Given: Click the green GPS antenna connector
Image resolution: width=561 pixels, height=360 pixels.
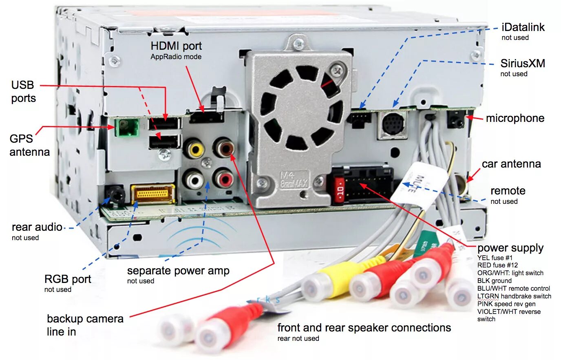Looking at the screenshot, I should coord(127,127).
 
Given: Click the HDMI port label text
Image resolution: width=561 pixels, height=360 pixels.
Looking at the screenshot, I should coord(176,46).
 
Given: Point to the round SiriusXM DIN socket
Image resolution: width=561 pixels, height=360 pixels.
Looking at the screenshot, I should coord(392,124).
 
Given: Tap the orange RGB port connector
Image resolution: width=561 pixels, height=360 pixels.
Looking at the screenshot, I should coord(152,193).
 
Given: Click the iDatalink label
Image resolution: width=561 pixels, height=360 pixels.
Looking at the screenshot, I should coord(523,27).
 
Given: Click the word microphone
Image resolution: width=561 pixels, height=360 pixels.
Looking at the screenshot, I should coord(515,118).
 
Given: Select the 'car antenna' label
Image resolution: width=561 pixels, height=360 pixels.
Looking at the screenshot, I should coord(511,164).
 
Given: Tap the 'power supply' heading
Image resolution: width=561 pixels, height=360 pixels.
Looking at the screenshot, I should coord(510,248).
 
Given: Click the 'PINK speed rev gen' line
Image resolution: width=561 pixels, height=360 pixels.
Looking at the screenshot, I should coord(506,304).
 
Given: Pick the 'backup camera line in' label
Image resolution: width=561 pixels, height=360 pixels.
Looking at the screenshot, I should coord(85,325).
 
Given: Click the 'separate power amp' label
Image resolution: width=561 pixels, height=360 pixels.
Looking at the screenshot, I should coord(178,271).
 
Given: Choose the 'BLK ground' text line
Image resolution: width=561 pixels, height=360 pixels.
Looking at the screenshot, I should coord(494,280).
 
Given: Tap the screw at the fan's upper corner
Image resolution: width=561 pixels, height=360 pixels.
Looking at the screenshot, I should coord(338,70).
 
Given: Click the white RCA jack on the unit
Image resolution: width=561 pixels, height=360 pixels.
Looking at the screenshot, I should coord(194,179).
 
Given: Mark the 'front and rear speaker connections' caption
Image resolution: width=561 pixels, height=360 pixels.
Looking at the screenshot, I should coord(364,328).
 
